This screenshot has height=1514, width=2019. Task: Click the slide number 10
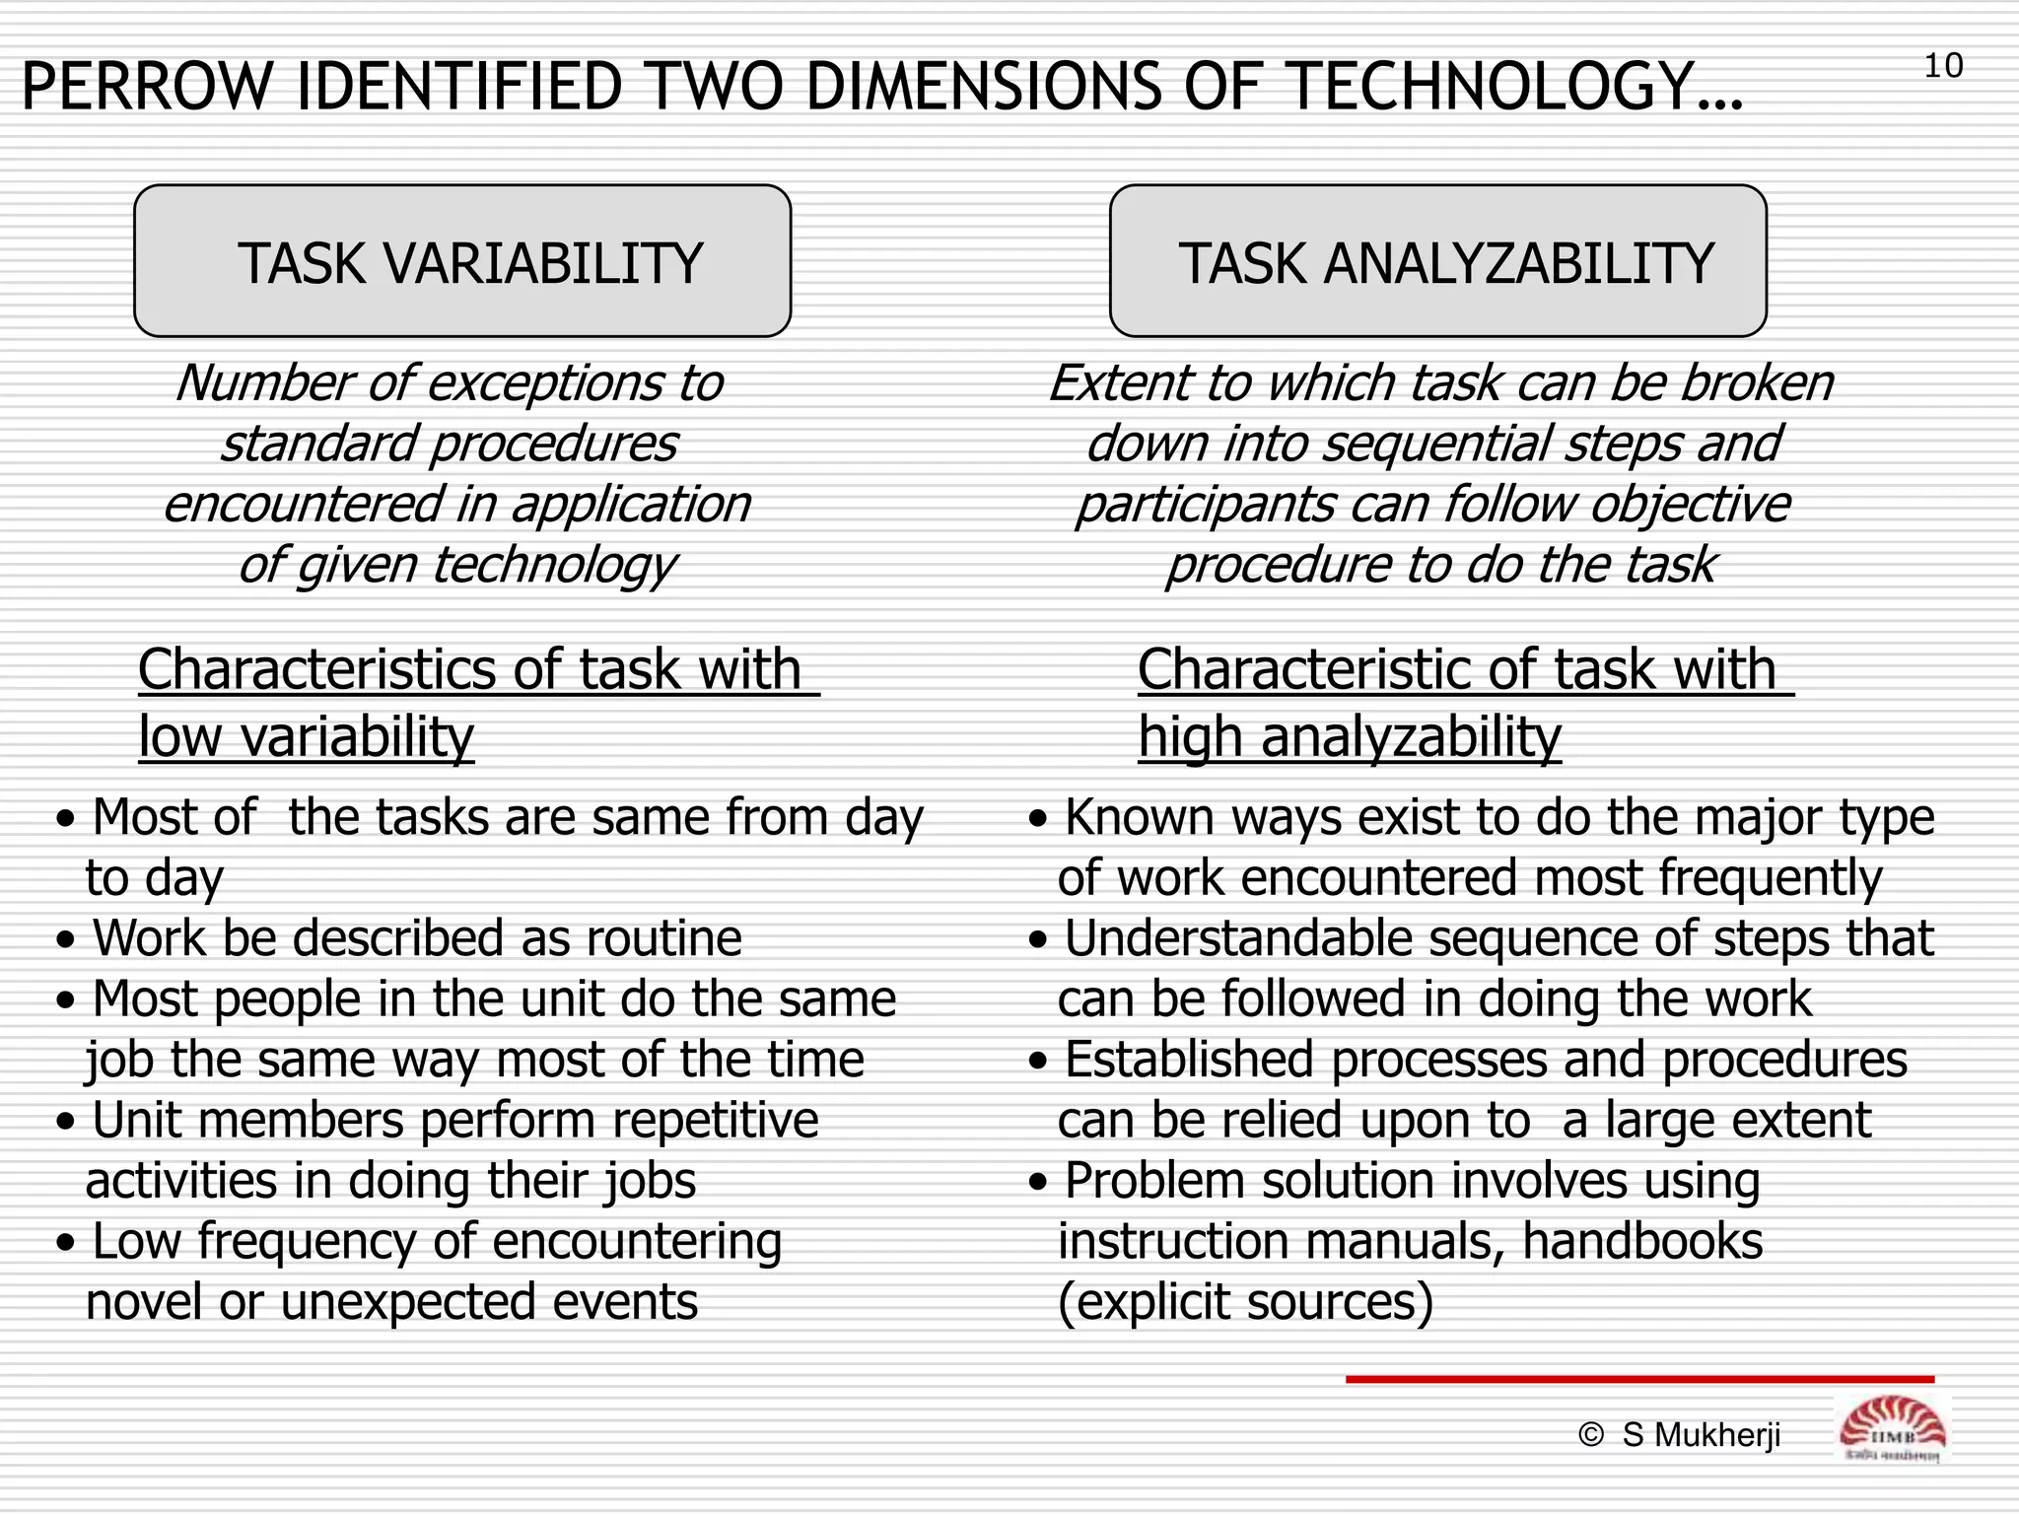click(x=1943, y=67)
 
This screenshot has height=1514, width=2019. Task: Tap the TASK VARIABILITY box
click(x=462, y=261)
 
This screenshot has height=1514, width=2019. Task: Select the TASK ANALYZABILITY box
click(x=1437, y=261)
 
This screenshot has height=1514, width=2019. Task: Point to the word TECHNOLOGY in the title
click(x=1513, y=87)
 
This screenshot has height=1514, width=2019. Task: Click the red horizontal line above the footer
click(x=1638, y=1379)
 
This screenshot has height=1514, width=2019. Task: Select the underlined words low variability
click(x=306, y=737)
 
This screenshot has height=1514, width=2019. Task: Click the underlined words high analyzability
click(x=1350, y=737)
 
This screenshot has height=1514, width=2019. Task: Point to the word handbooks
click(x=1641, y=1242)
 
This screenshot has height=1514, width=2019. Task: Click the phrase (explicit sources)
click(x=1245, y=1303)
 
